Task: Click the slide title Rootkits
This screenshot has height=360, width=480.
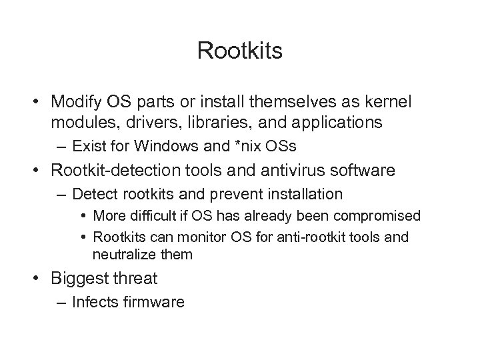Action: pyautogui.click(x=240, y=51)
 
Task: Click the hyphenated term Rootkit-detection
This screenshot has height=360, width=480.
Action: pyautogui.click(x=109, y=170)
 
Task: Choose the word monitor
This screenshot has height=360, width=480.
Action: pyautogui.click(x=191, y=237)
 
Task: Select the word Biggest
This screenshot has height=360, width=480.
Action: pyautogui.click(x=77, y=279)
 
